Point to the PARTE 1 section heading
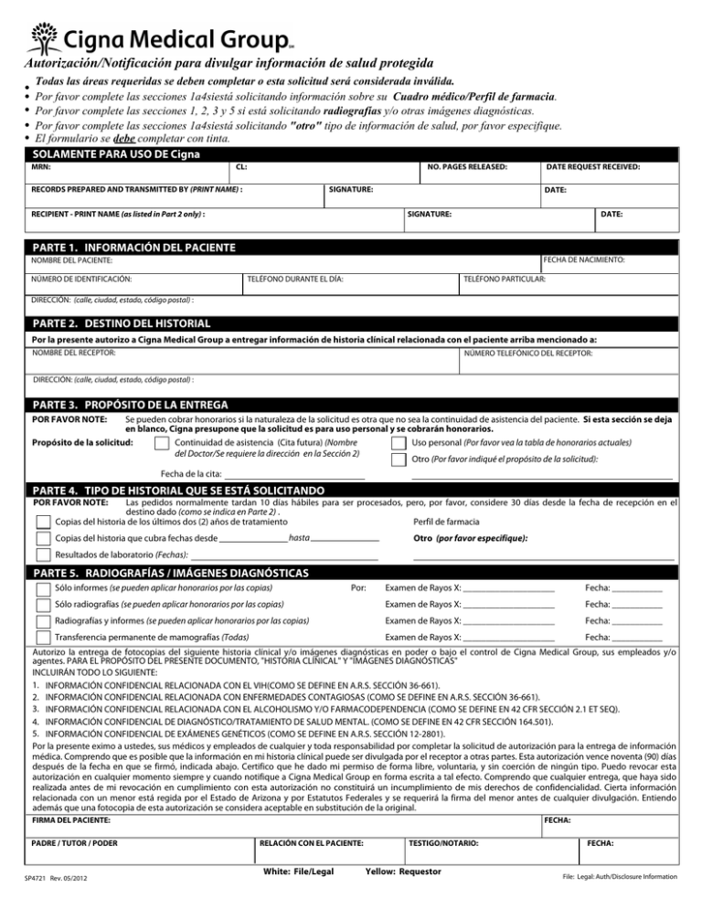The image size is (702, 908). click(133, 248)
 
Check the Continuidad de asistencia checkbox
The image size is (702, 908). click(162, 444)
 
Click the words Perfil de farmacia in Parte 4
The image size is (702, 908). click(446, 523)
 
